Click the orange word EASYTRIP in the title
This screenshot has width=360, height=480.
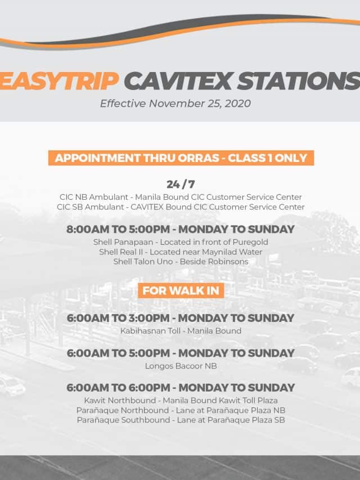(x=59, y=81)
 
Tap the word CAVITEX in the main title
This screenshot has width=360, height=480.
(x=178, y=81)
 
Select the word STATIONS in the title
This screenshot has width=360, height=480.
(x=299, y=81)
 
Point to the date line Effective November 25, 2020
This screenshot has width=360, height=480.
(x=175, y=104)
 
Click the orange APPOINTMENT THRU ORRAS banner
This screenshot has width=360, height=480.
(x=181, y=158)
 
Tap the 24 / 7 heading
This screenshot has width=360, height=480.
(x=181, y=184)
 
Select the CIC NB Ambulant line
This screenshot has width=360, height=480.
(x=181, y=197)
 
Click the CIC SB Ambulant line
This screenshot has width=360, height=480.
(x=181, y=207)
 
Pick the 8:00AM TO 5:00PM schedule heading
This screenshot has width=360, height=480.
(x=181, y=229)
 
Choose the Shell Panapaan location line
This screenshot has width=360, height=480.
(x=181, y=242)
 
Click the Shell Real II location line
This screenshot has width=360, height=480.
(x=181, y=252)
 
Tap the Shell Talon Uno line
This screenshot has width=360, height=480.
(x=181, y=262)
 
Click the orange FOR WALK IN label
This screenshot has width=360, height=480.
(x=181, y=290)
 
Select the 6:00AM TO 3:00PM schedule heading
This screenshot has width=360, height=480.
(x=181, y=318)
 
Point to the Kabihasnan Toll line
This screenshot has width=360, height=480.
(x=181, y=331)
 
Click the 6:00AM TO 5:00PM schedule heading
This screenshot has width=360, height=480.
(x=181, y=353)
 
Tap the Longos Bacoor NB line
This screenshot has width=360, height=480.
(x=181, y=366)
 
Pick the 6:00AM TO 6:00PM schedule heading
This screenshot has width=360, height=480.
(x=181, y=388)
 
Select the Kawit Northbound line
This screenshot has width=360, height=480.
(x=181, y=401)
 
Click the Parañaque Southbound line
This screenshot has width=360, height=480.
(x=181, y=420)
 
